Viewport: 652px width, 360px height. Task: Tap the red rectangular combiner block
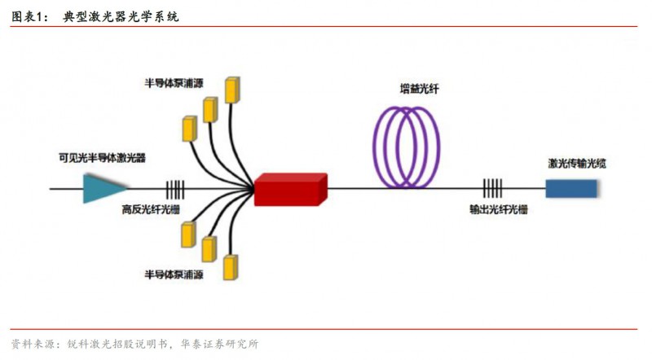click(290, 190)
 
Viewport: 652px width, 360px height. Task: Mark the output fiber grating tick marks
click(491, 189)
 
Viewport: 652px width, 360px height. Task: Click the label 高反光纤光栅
click(151, 210)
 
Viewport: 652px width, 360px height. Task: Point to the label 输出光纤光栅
click(498, 210)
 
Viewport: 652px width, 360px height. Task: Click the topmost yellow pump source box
click(234, 90)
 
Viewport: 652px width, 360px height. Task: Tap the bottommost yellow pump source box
click(231, 269)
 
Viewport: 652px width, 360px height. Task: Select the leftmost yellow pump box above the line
click(191, 129)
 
